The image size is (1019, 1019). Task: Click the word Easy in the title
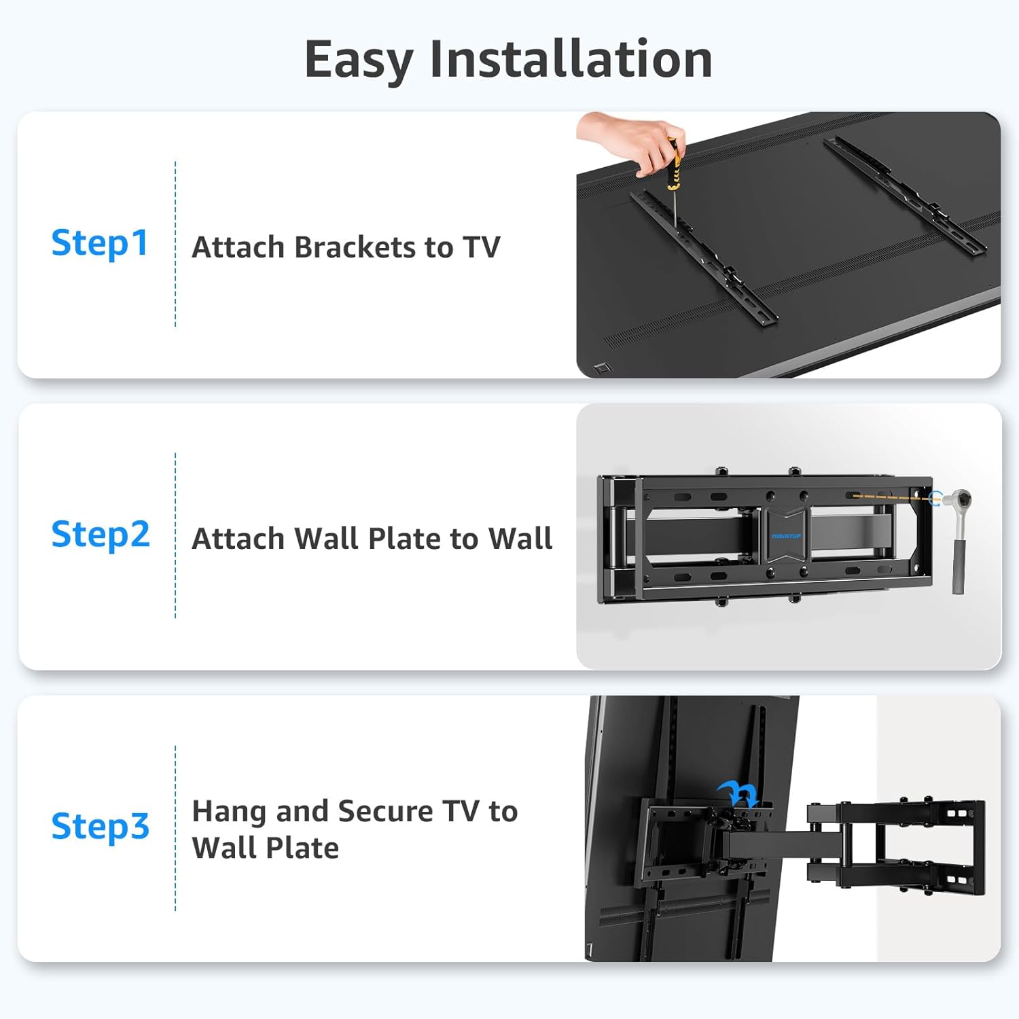pos(359,60)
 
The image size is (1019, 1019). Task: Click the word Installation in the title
pos(571,60)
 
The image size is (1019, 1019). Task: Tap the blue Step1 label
pos(100,243)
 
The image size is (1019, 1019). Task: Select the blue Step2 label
pos(101,535)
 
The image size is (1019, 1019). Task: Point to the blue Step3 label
pos(101,827)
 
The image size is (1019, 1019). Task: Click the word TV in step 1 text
pos(481,247)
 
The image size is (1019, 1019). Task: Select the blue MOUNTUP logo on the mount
pos(786,536)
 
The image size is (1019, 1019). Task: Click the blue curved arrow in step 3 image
pos(738,793)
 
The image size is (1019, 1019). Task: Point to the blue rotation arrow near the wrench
pos(937,499)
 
